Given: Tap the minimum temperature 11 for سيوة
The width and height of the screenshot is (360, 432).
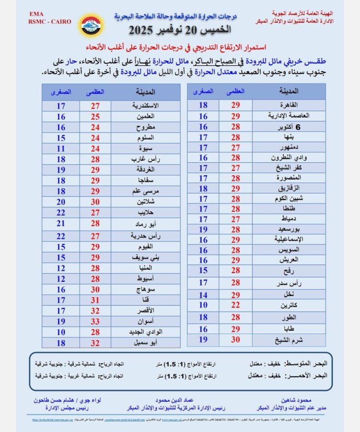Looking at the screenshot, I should pyautogui.click(x=60, y=148).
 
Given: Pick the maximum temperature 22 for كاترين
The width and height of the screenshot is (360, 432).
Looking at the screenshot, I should pyautogui.click(x=235, y=305).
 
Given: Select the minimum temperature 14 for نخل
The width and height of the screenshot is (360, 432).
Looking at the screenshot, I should pyautogui.click(x=203, y=295).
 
